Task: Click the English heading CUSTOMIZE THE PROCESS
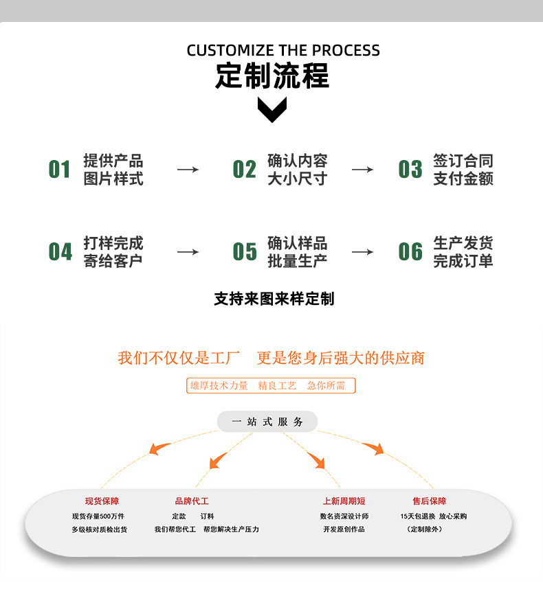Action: [x=282, y=50]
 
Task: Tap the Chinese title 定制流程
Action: [x=272, y=76]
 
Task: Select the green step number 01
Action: [x=60, y=170]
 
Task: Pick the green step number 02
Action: [x=244, y=170]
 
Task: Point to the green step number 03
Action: [x=410, y=170]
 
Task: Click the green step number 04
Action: [x=60, y=252]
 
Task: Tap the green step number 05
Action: [x=244, y=252]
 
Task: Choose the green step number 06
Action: [x=410, y=252]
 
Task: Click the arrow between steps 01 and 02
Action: [x=188, y=170]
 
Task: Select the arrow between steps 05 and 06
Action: [x=362, y=252]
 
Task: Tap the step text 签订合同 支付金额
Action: [x=463, y=170]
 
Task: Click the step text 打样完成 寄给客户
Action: [x=113, y=252]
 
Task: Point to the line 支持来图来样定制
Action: [x=274, y=299]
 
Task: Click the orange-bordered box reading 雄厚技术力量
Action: [x=271, y=386]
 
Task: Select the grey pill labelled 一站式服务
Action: [x=267, y=422]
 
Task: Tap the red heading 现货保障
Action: [x=102, y=501]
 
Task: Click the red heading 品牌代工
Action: [x=192, y=501]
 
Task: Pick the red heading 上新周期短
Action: [x=344, y=501]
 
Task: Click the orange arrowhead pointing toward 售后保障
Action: [x=375, y=448]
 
